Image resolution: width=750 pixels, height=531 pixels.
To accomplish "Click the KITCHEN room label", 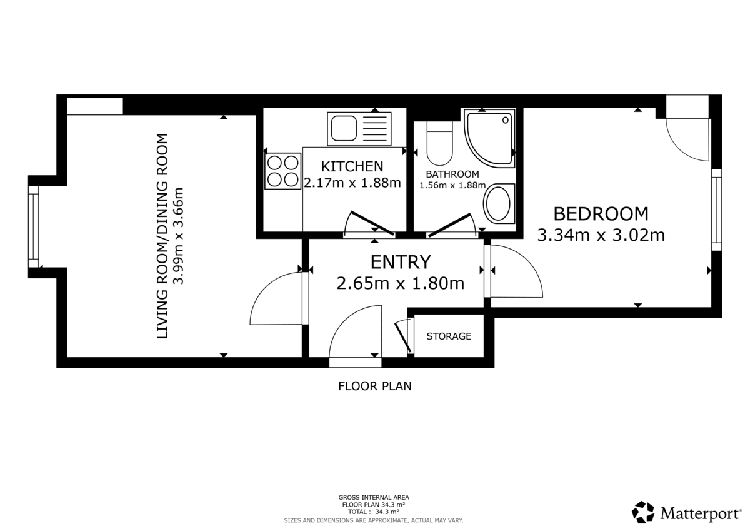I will pos(351,166).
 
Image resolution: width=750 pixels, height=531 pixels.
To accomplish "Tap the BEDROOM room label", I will pos(601,214).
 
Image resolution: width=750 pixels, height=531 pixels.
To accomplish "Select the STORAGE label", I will pos(449,336).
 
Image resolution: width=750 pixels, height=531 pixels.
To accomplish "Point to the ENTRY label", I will pos(400,261).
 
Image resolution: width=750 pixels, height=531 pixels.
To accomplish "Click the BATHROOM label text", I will pos(452,174).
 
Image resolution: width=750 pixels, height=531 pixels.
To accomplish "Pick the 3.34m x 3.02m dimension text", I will pos(601,236).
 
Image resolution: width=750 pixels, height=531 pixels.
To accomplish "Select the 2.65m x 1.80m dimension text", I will pos(400,283).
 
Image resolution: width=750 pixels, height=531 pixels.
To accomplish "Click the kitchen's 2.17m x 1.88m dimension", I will pos(351,183).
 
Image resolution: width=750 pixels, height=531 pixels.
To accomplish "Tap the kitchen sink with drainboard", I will pos(359,129).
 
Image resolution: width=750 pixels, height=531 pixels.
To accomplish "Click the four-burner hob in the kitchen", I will pos(282,171).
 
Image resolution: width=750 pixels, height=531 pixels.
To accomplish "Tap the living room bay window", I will pos(33,226).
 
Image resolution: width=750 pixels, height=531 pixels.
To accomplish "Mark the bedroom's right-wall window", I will pos(716,209).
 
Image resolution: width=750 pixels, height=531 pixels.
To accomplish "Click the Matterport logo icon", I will pos(642,512).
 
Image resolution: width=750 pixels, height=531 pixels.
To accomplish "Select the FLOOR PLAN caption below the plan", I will pos(375,386).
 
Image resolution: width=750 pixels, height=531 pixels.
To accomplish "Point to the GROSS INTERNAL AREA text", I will pos(374,498).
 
